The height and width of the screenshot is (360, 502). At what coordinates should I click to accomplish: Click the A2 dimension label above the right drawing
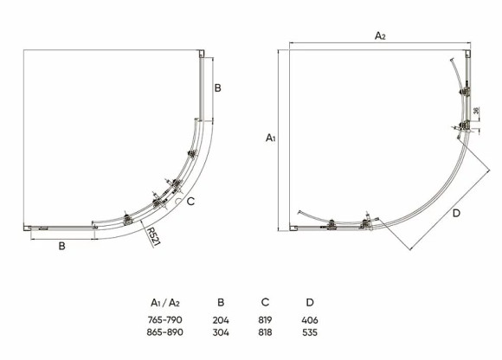click(x=380, y=35)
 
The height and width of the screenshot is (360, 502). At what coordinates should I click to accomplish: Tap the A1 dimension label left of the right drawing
click(x=271, y=138)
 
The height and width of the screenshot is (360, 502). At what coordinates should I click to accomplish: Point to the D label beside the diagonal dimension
click(x=456, y=213)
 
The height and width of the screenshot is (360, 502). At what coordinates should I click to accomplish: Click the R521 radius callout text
click(x=153, y=237)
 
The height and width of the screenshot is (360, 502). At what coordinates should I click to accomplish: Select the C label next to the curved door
click(x=190, y=202)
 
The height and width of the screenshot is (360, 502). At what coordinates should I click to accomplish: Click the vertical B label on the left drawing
click(x=218, y=87)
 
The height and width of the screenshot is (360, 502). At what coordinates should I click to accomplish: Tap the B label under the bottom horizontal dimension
click(x=62, y=246)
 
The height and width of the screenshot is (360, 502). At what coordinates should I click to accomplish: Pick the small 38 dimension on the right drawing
click(x=476, y=111)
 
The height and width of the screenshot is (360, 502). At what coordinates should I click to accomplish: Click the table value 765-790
click(x=164, y=319)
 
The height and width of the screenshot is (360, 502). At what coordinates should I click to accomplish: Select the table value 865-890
click(x=164, y=332)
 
